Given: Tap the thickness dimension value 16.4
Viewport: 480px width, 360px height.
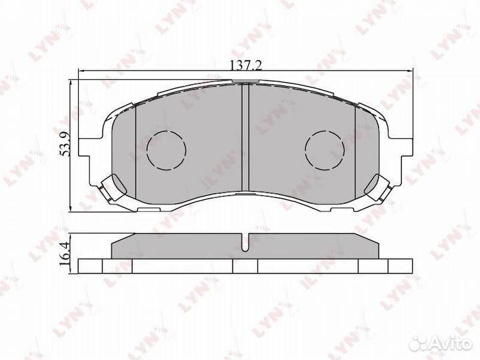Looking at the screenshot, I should pos(65,255).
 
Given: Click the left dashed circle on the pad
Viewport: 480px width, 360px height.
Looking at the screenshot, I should pos(164,148).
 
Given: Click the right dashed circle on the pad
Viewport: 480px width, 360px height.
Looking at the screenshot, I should pos(324,148).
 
